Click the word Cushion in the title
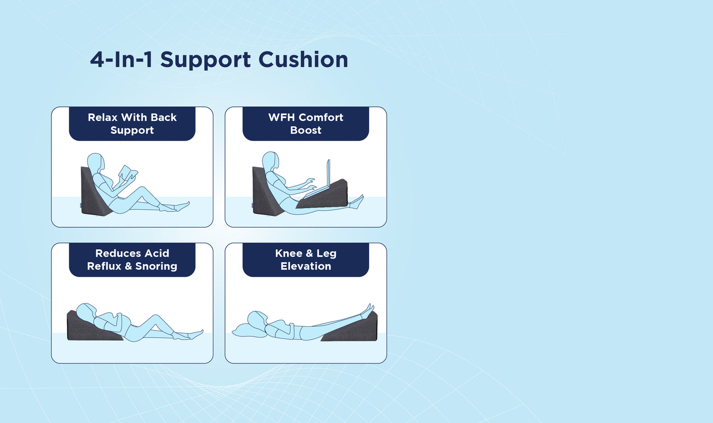pos(303,60)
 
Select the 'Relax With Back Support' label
pos(132,124)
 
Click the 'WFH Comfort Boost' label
pos(306,124)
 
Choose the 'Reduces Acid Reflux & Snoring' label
pos(132,260)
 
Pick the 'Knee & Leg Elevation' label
pos(306,260)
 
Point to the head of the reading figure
pos(96,163)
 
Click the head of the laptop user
pos(270,161)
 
